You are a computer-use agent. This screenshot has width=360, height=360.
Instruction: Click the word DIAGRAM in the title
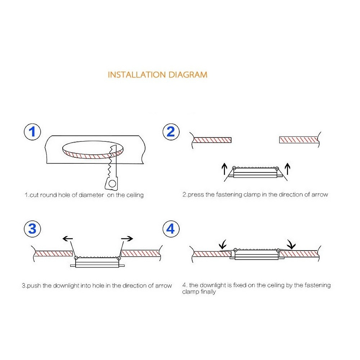click(188, 75)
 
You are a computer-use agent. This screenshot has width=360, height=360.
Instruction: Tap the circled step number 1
click(32, 132)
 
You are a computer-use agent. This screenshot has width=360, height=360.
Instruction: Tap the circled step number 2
click(170, 132)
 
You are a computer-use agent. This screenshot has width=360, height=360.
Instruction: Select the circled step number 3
click(32, 229)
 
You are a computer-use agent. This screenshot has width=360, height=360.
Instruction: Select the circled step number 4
click(170, 229)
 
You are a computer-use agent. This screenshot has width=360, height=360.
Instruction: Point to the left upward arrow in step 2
click(224, 168)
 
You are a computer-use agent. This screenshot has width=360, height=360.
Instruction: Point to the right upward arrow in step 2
click(287, 168)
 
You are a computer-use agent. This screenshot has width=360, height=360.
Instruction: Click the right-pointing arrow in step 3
click(127, 238)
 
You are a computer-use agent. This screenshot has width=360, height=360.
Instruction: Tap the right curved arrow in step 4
click(291, 245)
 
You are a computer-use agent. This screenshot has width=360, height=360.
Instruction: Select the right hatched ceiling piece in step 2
click(299, 140)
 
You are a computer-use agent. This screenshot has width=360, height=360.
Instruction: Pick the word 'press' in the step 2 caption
click(196, 195)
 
